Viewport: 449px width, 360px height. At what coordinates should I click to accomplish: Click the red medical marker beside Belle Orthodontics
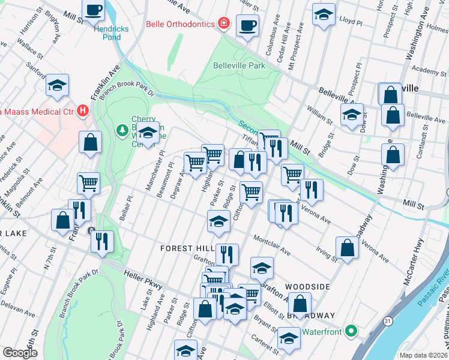tap(223, 23)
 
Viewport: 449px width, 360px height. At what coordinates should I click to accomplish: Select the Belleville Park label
tap(238, 65)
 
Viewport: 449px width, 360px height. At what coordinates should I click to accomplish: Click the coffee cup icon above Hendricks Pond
tap(94, 10)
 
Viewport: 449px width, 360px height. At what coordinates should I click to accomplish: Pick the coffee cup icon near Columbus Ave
tap(247, 25)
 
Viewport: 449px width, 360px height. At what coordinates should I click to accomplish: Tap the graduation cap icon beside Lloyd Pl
tap(324, 14)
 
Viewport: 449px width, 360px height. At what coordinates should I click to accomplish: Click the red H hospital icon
tap(83, 111)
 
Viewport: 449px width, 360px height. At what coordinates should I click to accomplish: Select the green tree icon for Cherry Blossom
tap(122, 130)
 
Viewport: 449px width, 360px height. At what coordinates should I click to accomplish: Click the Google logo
tap(20, 353)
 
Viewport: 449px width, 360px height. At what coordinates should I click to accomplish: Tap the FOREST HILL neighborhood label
tap(186, 248)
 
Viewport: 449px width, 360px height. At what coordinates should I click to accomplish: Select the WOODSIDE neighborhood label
tap(307, 287)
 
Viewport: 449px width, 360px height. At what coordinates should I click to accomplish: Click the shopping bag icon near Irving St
tap(347, 247)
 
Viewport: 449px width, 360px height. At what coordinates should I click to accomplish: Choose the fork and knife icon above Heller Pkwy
tap(102, 241)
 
